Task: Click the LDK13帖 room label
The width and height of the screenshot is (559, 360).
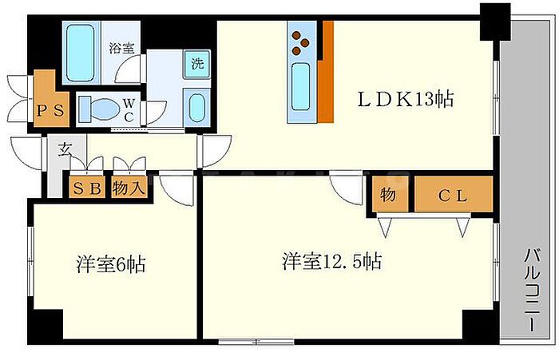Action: coord(406,100)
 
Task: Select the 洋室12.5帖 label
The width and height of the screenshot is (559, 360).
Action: coord(331,261)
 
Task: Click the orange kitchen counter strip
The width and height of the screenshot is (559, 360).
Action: coord(325,72)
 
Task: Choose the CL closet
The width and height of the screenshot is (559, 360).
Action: coord(452,195)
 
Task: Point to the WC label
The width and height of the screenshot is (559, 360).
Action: coord(129,110)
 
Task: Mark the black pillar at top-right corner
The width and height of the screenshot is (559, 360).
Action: coord(495,22)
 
